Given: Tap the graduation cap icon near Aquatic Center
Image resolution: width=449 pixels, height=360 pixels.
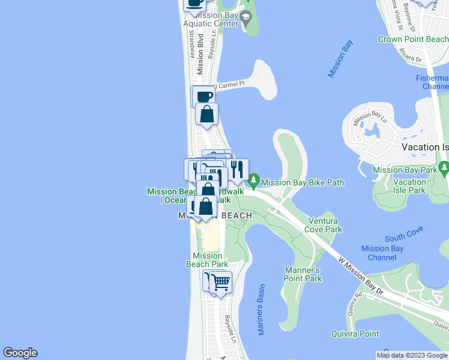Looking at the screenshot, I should tap(246, 19).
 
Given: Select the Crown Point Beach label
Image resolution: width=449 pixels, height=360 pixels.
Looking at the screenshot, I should tap(412, 40).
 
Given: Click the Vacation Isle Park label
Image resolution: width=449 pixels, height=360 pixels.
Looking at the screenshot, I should tap(410, 186).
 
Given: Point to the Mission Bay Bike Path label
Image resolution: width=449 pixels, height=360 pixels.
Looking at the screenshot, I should tap(303, 182).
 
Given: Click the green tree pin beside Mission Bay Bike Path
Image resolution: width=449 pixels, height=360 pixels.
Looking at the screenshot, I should tap(254, 180).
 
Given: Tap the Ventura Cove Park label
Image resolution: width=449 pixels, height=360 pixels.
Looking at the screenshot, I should tap(325, 225).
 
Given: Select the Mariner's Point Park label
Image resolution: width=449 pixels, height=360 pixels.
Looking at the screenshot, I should tap(303, 274).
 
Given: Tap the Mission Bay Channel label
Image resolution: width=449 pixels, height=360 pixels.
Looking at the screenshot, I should tap(382, 253).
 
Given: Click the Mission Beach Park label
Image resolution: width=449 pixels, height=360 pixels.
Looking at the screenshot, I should tap(207, 260).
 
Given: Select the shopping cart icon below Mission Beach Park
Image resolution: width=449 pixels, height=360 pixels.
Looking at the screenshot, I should tap(221, 281).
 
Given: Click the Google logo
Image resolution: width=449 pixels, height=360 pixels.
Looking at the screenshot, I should tap(20, 353).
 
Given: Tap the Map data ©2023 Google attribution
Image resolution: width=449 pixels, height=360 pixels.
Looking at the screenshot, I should tap(412, 355).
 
